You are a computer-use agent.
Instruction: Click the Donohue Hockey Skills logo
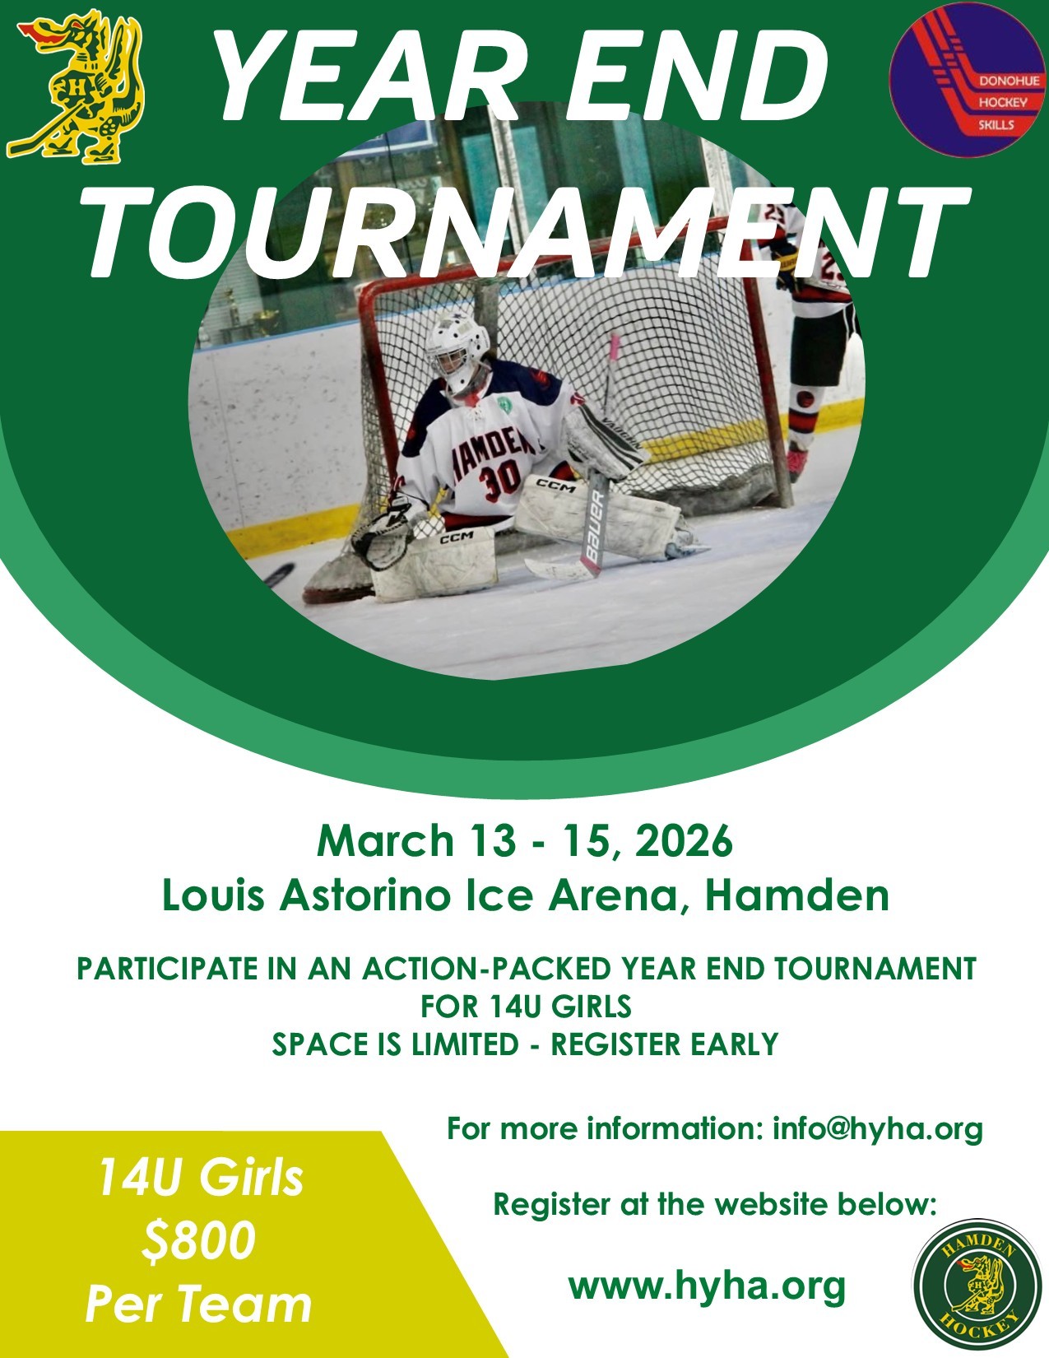coord(967,79)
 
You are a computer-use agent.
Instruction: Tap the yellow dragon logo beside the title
coord(76,86)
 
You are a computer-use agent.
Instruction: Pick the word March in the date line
coord(385,840)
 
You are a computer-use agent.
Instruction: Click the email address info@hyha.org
coord(878,1130)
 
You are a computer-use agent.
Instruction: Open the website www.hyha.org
coord(707,1286)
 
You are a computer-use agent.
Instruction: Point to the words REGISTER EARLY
coord(664,1044)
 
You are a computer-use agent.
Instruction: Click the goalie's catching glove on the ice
coord(383,531)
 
